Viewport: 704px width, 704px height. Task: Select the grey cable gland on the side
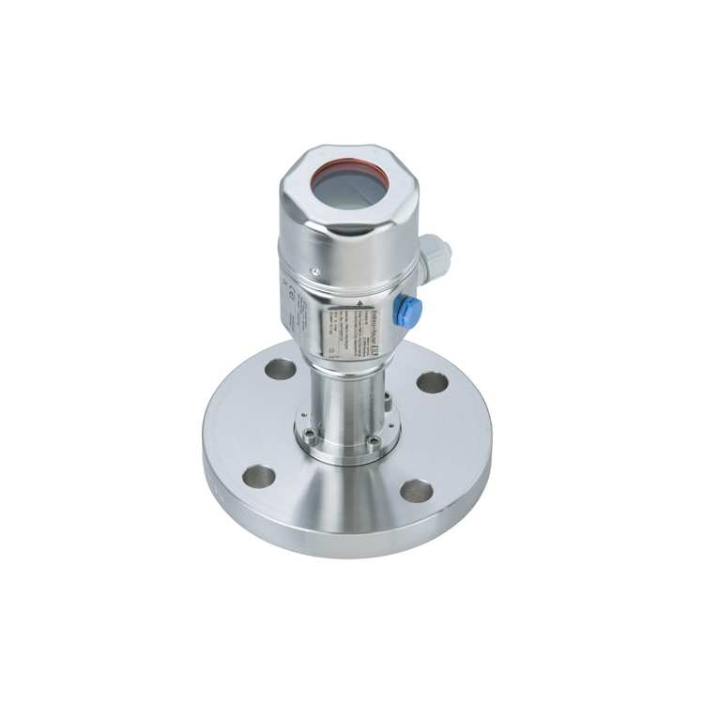tap(435, 254)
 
